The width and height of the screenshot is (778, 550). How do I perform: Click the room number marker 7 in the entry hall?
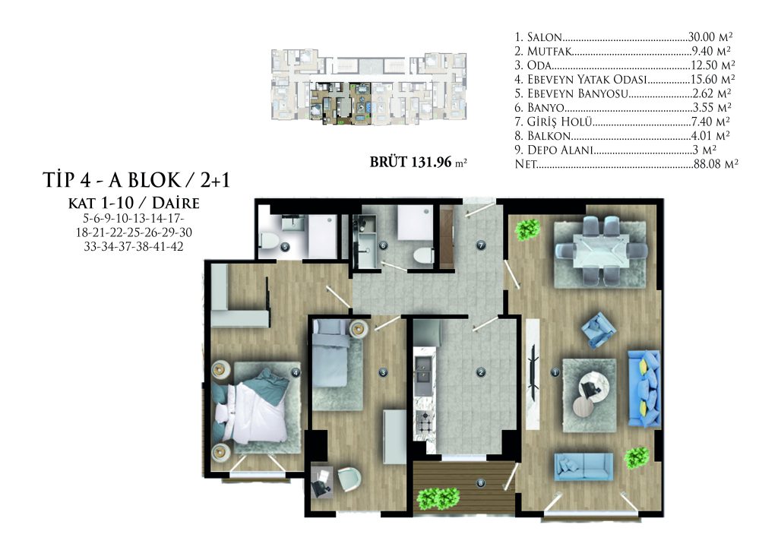(480, 245)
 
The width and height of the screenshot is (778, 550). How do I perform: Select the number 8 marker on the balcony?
(480, 483)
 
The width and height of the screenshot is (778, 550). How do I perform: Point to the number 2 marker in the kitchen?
(480, 372)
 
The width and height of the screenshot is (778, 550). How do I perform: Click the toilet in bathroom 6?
(422, 257)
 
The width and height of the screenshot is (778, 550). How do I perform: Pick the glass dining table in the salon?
(600, 251)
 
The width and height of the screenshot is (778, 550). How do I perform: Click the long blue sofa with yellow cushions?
(644, 388)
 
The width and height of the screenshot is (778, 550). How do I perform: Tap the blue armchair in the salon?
(599, 330)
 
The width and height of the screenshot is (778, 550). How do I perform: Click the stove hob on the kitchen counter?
(424, 424)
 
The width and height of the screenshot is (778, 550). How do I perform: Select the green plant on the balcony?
(438, 498)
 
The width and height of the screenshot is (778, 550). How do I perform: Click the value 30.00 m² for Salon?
(710, 36)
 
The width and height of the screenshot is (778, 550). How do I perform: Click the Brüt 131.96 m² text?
(419, 162)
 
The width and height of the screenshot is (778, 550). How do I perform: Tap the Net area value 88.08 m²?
(716, 164)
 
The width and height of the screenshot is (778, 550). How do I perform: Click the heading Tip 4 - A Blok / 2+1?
(137, 180)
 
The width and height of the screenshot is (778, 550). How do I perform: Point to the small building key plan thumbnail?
(368, 87)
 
